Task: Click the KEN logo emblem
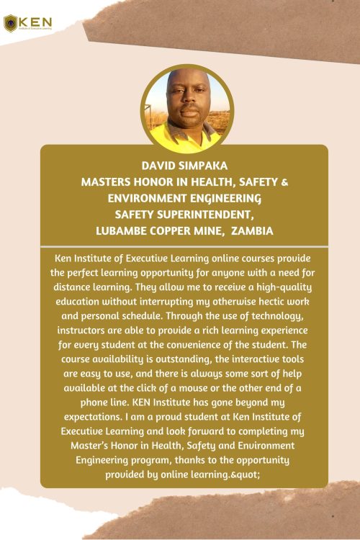[11, 23]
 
